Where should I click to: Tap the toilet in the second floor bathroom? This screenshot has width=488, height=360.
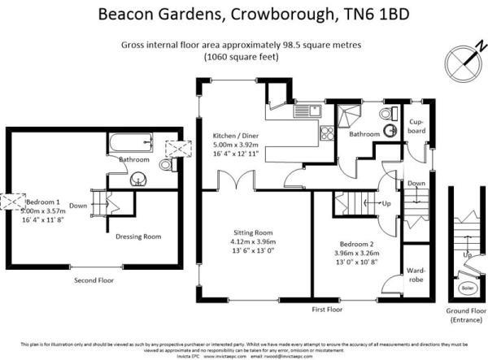point(166,166)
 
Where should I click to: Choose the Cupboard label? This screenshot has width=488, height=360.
point(416,126)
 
